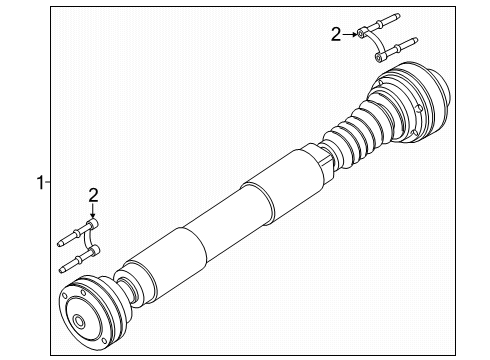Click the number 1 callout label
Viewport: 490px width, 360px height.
40,182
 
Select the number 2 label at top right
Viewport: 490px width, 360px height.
336,35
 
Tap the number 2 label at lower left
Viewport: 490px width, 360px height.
92,195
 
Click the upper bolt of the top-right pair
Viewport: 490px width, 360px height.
386,23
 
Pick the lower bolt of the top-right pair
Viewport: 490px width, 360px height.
397,46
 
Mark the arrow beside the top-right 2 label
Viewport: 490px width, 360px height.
352,35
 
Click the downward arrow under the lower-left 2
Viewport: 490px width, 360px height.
92,213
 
